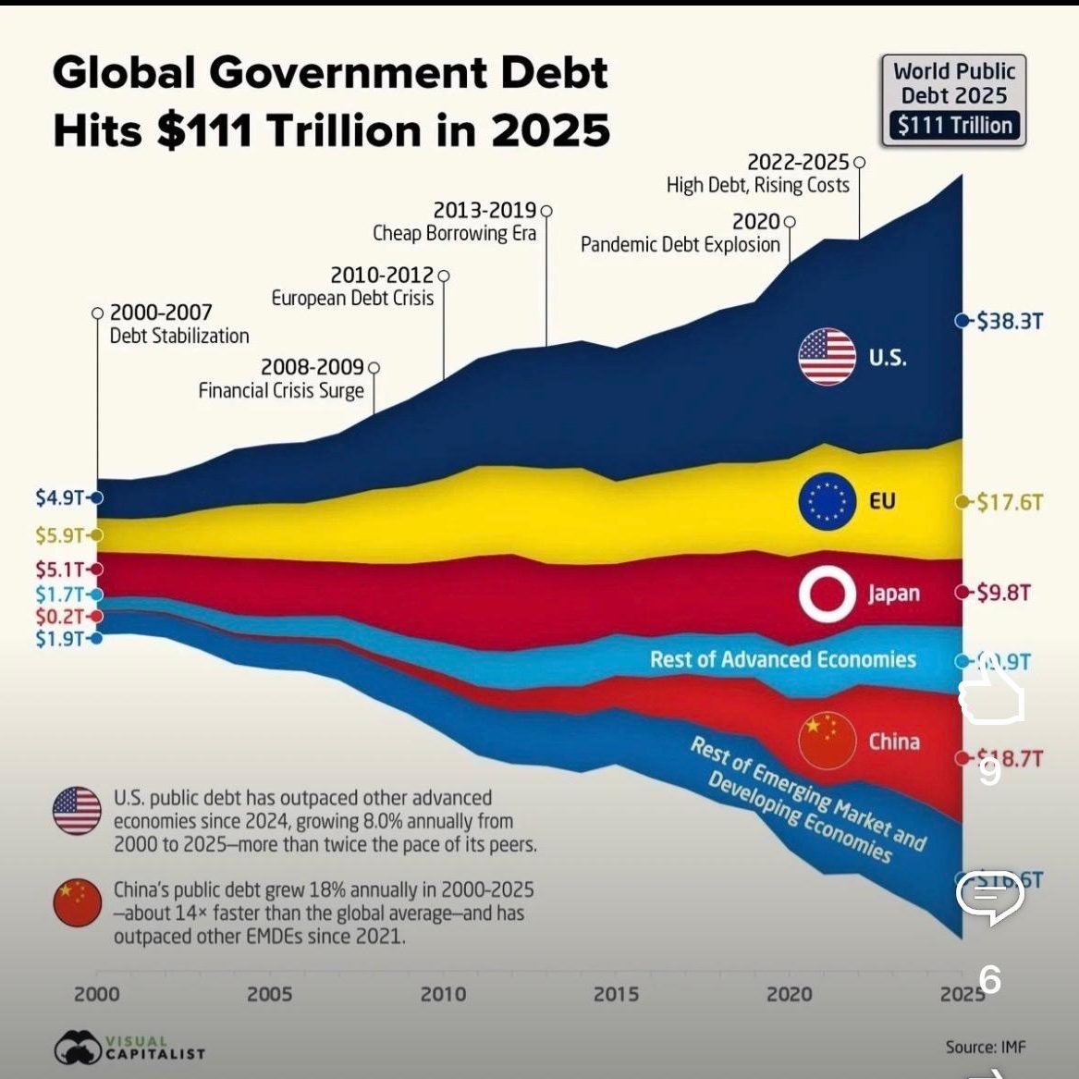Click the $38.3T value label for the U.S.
(1010, 321)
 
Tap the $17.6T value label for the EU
(1010, 502)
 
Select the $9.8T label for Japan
(1003, 593)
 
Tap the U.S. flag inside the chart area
(827, 357)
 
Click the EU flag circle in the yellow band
(827, 501)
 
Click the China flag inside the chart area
(827, 741)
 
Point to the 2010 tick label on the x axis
(443, 995)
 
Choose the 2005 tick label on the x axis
(269, 995)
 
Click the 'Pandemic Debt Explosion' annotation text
(681, 245)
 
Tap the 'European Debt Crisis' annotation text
(352, 299)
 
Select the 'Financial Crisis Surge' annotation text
(281, 391)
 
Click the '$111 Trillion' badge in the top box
(955, 126)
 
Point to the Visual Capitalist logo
(129, 1048)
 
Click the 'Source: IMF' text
(986, 1048)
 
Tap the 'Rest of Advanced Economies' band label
(782, 659)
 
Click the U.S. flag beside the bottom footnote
(78, 811)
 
